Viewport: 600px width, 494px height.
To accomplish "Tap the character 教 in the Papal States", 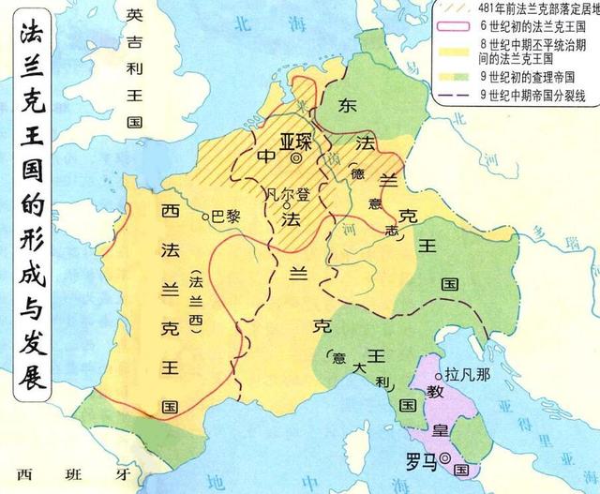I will click(425, 385).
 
